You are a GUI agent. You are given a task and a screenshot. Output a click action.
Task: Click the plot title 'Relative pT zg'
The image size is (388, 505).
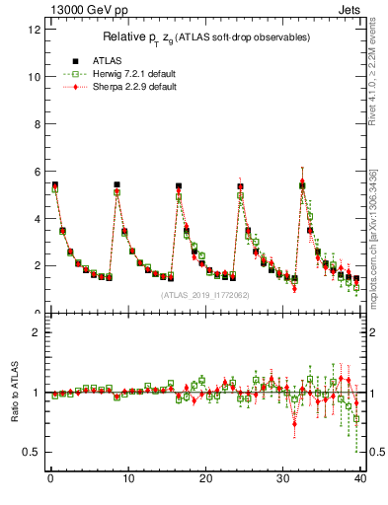(206, 36)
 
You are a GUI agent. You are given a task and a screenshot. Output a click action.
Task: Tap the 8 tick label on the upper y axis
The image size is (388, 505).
(37, 123)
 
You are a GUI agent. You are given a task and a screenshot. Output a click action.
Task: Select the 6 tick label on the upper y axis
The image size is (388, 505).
(37, 171)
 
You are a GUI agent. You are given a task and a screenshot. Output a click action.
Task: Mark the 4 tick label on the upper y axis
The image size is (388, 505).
(37, 218)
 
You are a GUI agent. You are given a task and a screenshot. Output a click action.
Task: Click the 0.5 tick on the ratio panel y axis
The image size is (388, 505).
(32, 452)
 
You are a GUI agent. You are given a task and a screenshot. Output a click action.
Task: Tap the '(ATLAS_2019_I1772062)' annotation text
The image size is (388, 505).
(206, 294)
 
